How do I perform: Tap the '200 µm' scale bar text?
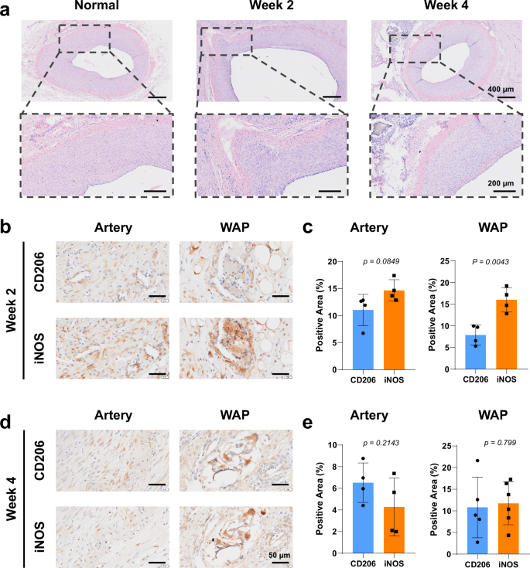[503, 183]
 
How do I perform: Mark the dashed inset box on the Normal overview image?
[84, 38]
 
